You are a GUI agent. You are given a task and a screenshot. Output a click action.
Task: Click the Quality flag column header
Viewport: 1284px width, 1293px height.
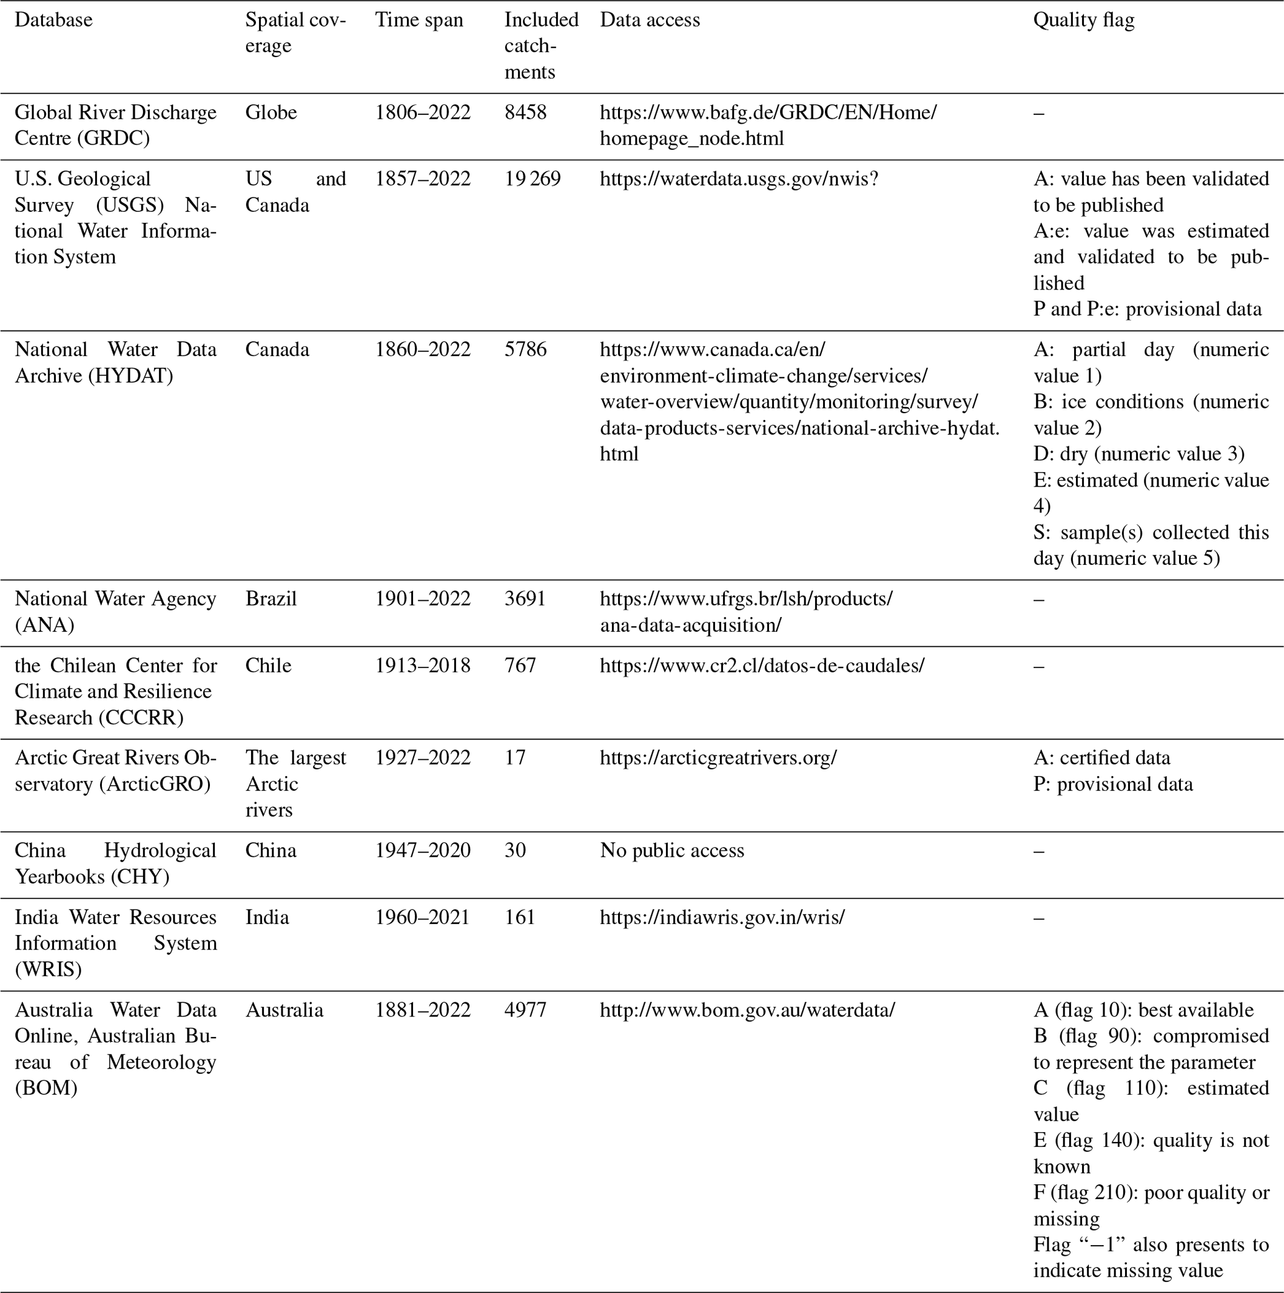1083,20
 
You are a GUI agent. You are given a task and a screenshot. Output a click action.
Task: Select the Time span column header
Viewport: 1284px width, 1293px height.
419,20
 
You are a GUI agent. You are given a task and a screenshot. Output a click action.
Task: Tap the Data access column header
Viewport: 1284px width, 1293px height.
650,20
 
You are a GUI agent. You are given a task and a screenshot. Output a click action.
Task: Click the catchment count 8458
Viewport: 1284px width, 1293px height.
526,112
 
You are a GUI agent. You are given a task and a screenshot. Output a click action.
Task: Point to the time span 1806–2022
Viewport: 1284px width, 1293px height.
422,112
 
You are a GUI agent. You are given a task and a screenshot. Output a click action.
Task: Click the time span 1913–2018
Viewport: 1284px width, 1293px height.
422,665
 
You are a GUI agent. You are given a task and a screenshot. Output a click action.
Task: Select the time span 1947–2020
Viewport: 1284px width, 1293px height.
422,850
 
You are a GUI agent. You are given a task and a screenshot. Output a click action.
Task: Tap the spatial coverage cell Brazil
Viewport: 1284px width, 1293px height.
271,598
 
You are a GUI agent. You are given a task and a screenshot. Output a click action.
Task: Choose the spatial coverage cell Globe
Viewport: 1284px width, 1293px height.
271,112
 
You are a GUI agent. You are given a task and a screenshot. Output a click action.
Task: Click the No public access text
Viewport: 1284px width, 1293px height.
672,850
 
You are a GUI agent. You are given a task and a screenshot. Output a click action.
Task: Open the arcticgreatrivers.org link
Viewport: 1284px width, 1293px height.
718,757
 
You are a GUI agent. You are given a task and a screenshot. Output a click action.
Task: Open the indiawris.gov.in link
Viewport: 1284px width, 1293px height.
722,917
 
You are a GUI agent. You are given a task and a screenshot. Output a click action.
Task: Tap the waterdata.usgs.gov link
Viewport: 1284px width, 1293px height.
739,179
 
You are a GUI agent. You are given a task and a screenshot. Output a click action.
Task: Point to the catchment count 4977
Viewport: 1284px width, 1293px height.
526,1009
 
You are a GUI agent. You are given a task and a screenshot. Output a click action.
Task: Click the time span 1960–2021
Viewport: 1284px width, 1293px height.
422,917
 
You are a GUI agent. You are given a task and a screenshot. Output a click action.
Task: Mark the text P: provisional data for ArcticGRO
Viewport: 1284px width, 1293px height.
1113,784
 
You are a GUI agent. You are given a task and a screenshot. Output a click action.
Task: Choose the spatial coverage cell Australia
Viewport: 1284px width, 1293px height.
285,1009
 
